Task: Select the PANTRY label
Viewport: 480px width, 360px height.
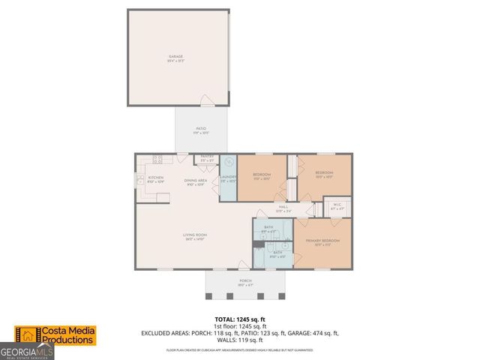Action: tap(206, 157)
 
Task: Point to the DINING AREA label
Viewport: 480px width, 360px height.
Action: tap(195, 181)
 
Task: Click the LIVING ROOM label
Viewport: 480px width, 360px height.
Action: tap(195, 235)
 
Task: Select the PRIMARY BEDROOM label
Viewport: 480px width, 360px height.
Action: tap(322, 241)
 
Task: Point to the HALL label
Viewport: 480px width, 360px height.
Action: tap(283, 208)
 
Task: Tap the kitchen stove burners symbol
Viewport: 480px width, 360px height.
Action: tap(158, 159)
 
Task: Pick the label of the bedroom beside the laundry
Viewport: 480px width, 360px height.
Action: tap(261, 175)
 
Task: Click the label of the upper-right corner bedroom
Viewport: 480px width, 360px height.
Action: tap(323, 173)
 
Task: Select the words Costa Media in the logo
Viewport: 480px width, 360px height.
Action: tap(67, 331)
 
